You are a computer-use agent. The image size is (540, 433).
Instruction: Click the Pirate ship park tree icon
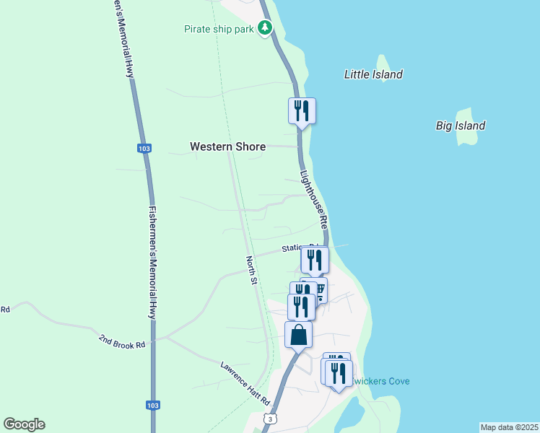pyautogui.click(x=266, y=29)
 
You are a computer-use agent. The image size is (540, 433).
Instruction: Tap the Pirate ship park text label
pyautogui.click(x=219, y=30)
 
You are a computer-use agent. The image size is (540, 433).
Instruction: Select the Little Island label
pyautogui.click(x=373, y=74)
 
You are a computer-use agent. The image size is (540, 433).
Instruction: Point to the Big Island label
pyautogui.click(x=461, y=126)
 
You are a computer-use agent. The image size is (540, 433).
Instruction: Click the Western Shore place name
pyautogui.click(x=227, y=146)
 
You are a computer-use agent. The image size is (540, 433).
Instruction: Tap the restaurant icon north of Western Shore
pyautogui.click(x=302, y=111)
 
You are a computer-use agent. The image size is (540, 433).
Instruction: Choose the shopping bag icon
pyautogui.click(x=299, y=336)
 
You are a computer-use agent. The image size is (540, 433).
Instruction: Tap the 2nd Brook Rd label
pyautogui.click(x=122, y=341)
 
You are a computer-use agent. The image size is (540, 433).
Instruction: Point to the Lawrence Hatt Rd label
pyautogui.click(x=245, y=382)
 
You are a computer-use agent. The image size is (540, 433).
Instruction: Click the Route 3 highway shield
pyautogui.click(x=269, y=419)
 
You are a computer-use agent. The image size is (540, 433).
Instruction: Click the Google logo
pyautogui.click(x=24, y=424)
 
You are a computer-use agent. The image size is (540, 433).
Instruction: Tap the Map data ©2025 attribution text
pyautogui.click(x=510, y=427)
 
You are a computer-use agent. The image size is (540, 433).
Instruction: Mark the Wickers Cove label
pyautogui.click(x=379, y=380)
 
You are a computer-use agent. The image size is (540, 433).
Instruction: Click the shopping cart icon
pyautogui.click(x=320, y=288)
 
